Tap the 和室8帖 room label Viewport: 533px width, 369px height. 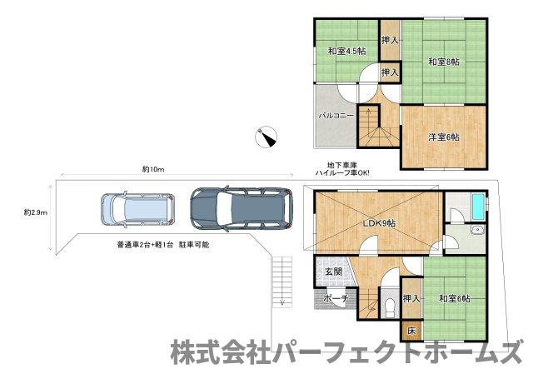click(443, 62)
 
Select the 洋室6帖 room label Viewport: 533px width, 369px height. click(444, 137)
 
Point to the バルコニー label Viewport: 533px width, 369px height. click(336, 116)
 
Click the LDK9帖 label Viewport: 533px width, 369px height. click(378, 225)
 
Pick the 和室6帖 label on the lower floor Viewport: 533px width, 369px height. click(455, 298)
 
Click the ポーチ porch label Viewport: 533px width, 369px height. click(335, 298)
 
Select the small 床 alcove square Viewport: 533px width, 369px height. click(411, 330)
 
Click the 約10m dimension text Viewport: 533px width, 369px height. click(153, 170)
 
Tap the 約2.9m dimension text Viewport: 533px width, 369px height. click(36, 212)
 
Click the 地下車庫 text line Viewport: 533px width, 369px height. click(344, 166)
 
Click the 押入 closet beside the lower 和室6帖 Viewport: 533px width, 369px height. click(411, 297)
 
